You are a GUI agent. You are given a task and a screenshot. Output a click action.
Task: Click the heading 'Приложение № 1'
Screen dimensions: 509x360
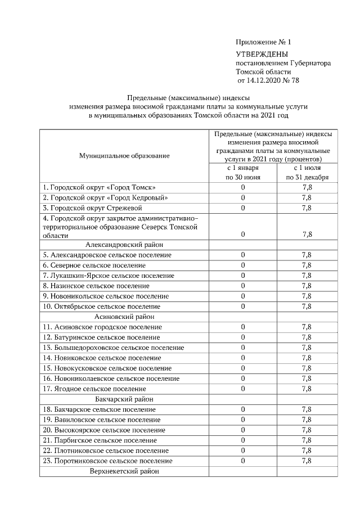pos(263,42)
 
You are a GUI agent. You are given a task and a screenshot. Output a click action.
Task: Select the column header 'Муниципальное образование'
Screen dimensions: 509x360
pos(124,155)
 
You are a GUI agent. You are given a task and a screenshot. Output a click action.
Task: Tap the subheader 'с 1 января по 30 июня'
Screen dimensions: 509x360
pos(243,173)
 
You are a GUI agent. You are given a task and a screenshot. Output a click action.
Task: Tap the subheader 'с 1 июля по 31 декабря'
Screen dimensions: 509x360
pos(307,173)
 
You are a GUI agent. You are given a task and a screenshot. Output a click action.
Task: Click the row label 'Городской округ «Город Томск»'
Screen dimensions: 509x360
pos(99,187)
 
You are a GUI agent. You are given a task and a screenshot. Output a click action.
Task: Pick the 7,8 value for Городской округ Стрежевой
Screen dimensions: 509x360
pos(307,208)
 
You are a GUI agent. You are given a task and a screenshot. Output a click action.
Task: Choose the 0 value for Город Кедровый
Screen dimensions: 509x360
pos(243,197)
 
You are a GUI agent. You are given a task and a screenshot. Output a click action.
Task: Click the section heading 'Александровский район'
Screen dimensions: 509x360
pos(124,245)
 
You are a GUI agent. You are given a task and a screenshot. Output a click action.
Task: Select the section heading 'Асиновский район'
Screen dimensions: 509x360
pos(124,317)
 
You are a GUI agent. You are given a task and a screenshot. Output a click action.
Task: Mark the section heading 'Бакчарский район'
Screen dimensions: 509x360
pos(124,399)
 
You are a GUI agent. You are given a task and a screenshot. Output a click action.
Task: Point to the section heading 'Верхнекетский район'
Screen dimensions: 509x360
pos(124,471)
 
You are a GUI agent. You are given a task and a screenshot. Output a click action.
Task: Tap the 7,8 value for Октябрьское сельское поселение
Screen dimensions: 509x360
pos(307,307)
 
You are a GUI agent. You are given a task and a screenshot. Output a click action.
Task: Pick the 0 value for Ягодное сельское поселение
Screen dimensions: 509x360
pos(243,389)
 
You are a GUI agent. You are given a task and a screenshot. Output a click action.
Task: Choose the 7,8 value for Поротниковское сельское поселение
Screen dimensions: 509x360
pos(307,461)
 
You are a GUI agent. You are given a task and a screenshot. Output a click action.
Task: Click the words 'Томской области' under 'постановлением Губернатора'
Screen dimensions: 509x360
pos(264,72)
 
